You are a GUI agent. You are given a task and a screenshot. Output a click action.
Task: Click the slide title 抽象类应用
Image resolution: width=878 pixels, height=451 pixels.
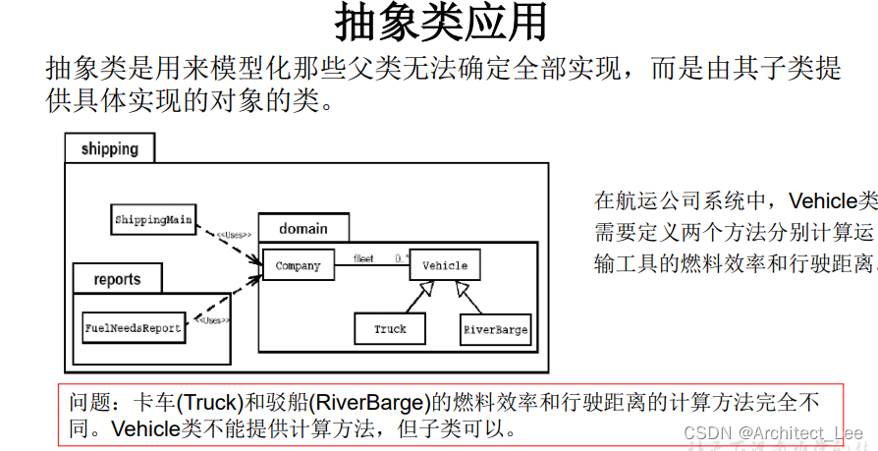pyautogui.click(x=440, y=24)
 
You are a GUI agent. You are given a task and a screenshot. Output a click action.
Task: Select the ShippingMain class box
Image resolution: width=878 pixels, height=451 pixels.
pyautogui.click(x=152, y=219)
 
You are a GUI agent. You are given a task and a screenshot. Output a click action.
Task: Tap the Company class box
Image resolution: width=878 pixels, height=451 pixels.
pyautogui.click(x=298, y=265)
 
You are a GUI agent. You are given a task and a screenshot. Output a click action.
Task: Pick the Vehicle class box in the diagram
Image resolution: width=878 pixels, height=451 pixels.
pyautogui.click(x=444, y=265)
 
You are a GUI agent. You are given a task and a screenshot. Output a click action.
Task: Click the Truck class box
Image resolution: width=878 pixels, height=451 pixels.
pyautogui.click(x=390, y=328)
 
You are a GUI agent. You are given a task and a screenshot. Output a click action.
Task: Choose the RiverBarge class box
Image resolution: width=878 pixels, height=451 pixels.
pyautogui.click(x=495, y=329)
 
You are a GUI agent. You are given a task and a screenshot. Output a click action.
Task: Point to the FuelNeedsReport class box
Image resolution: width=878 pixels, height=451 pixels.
pyautogui.click(x=134, y=327)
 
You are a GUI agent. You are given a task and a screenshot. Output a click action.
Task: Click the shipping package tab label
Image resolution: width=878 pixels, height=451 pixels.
pyautogui.click(x=110, y=149)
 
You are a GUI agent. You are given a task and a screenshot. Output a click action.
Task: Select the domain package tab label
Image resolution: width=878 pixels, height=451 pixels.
pyautogui.click(x=302, y=228)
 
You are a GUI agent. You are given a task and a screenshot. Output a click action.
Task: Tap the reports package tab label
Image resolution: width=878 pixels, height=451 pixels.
pyautogui.click(x=117, y=279)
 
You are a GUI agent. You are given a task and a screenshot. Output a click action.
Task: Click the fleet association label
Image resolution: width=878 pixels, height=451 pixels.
pyautogui.click(x=363, y=258)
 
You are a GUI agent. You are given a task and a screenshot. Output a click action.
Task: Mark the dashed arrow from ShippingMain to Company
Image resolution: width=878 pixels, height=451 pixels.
pyautogui.click(x=228, y=244)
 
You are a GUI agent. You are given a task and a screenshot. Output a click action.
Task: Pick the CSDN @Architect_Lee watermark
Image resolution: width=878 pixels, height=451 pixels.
pyautogui.click(x=773, y=433)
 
